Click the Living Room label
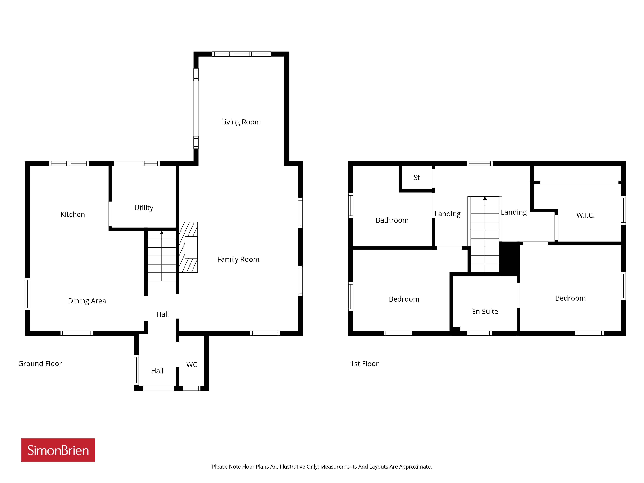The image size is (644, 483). (241, 122)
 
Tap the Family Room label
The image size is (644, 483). (238, 259)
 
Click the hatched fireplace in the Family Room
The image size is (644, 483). (188, 247)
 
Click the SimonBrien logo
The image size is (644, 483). (58, 450)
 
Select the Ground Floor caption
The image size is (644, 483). (40, 364)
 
